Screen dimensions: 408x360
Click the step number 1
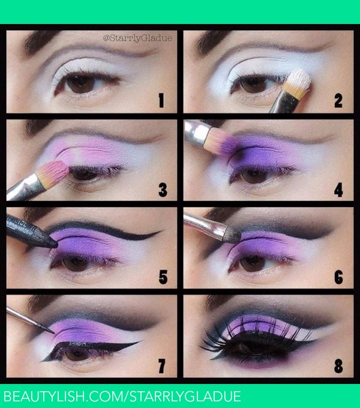click(161, 100)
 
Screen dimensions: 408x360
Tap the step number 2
click(338, 100)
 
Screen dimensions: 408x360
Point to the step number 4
click(338, 190)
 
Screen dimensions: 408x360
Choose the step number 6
click(338, 278)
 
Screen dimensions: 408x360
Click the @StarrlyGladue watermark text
click(137, 38)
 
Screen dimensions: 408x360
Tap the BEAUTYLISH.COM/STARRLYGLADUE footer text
click(123, 396)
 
